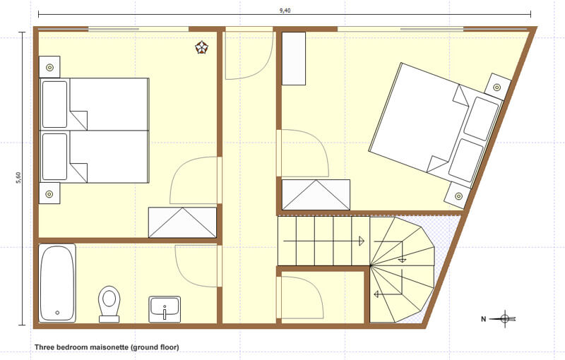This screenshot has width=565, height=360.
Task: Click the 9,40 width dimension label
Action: click(x=285, y=10)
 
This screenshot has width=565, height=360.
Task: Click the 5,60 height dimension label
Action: click(x=18, y=177)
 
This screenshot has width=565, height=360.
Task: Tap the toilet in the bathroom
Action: click(x=109, y=304)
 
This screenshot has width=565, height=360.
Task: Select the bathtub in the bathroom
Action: click(x=57, y=282)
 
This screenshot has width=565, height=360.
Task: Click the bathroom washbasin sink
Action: click(x=165, y=309)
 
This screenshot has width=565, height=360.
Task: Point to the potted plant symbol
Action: click(x=202, y=47)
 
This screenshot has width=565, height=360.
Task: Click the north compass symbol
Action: click(x=505, y=318)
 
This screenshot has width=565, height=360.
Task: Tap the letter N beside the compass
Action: click(x=484, y=319)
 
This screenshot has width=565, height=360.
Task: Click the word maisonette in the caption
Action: click(x=109, y=347)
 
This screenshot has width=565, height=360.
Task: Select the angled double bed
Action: click(x=436, y=125)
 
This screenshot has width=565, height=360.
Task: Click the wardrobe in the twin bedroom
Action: click(x=183, y=222)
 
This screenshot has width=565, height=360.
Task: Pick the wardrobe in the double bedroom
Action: click(x=316, y=195)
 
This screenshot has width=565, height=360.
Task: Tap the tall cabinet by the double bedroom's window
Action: click(x=294, y=59)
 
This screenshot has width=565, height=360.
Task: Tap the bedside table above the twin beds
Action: click(x=49, y=67)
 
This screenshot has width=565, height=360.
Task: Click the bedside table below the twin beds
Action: click(x=49, y=193)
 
